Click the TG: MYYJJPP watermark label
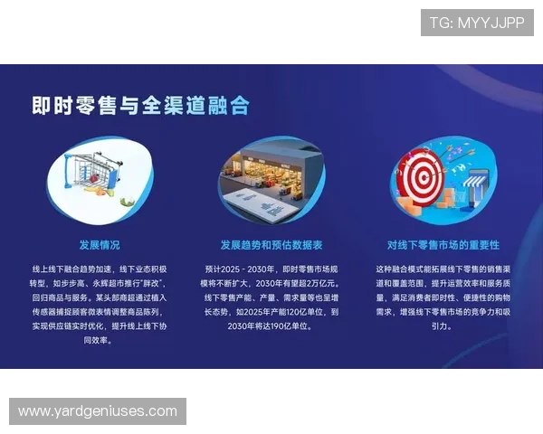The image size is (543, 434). tap(477, 23)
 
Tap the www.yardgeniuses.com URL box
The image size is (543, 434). tap(98, 411)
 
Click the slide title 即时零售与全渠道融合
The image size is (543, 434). tap(140, 106)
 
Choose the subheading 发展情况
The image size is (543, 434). tap(99, 245)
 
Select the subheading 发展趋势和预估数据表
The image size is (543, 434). tap(271, 245)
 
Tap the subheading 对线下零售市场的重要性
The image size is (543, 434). tap(443, 245)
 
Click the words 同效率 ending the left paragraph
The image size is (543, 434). tap(99, 340)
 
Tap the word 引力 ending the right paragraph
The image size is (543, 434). tap(442, 325)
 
